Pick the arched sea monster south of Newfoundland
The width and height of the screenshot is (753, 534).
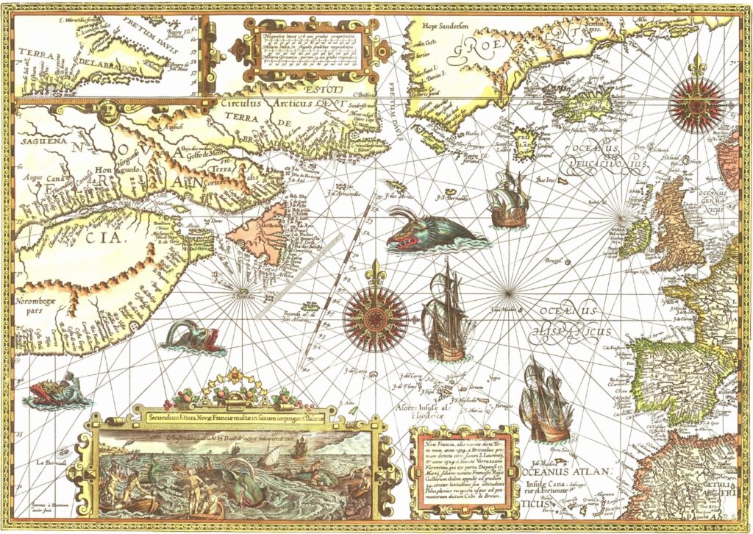coord(191,336)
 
